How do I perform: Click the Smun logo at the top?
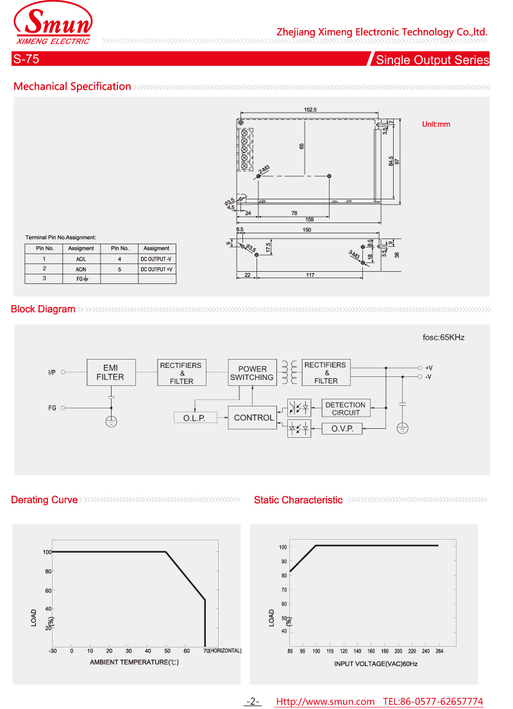click(53, 26)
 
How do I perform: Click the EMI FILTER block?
click(111, 372)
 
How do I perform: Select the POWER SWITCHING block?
click(252, 373)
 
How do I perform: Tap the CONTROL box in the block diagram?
click(253, 418)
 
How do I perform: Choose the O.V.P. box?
click(342, 429)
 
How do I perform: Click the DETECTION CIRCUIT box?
click(345, 408)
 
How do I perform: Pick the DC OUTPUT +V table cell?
click(156, 269)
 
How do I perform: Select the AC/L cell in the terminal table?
click(81, 259)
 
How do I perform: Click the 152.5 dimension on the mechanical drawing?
click(310, 110)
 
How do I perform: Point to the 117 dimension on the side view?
click(310, 275)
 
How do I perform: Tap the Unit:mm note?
click(436, 124)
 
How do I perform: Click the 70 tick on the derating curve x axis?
click(206, 651)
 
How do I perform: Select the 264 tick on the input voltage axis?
click(439, 651)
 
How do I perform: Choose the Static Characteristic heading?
click(298, 500)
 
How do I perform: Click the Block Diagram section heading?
click(43, 309)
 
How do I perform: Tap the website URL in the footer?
click(324, 702)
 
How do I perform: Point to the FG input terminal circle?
click(63, 407)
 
